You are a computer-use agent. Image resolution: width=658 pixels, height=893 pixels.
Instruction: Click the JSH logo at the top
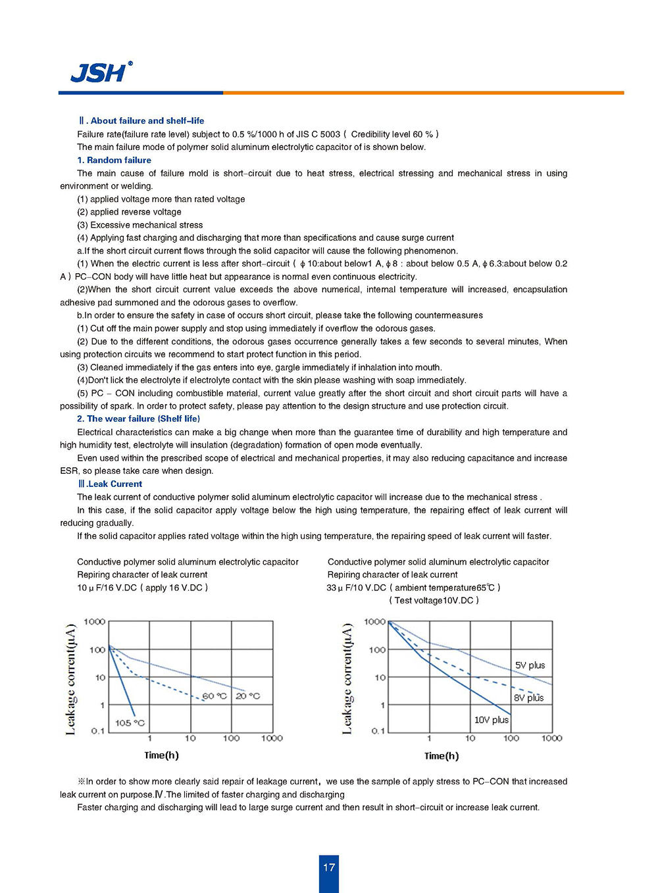pos(100,72)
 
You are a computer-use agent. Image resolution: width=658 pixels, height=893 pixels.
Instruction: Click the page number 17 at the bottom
pos(329,867)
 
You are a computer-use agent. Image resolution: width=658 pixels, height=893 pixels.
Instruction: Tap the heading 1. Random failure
pos(114,160)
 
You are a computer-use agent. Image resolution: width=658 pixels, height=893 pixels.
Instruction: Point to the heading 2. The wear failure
pos(139,419)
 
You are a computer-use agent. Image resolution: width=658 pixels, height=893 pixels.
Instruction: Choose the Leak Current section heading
pos(111,484)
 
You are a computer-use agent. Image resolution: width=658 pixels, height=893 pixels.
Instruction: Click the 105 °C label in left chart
pos(130,723)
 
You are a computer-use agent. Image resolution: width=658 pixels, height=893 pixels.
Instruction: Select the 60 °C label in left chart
pos(214,696)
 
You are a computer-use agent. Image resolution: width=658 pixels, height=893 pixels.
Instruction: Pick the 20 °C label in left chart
pos(248,696)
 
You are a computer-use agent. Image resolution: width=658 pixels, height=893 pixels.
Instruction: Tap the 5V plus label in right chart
pos(530,665)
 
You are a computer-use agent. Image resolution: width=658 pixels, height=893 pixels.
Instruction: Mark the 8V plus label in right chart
pos(529,698)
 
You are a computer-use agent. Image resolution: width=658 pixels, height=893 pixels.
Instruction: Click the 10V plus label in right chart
pos(492,720)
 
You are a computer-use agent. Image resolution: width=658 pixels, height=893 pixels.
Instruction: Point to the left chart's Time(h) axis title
pos(161,755)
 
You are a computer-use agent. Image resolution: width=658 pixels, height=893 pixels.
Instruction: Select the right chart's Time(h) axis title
pos(442,755)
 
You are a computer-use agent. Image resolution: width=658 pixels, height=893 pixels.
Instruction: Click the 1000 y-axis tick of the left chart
pos(95,621)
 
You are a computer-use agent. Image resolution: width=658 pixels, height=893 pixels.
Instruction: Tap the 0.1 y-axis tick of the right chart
pos(378,730)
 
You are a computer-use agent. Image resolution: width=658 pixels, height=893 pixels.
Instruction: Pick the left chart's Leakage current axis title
pos(71,678)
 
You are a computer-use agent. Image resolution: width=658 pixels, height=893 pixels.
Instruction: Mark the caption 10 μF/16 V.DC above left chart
pos(142,588)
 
